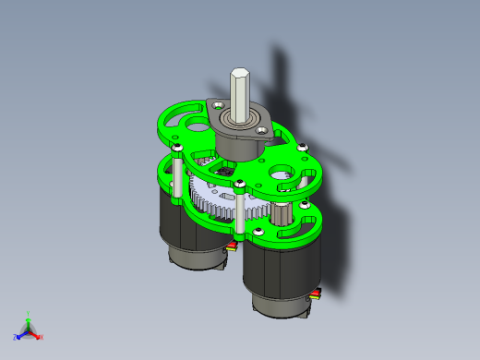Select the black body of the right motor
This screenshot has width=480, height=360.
click(x=277, y=272)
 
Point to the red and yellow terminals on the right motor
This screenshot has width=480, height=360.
click(x=318, y=295)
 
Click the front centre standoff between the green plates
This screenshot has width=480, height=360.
click(x=240, y=208)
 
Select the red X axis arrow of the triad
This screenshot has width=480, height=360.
click(x=38, y=336)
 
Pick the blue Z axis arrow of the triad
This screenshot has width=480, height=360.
click(x=19, y=334)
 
